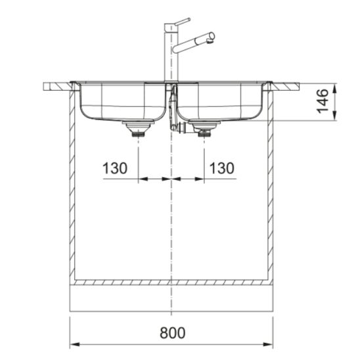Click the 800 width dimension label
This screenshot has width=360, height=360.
(x=172, y=332)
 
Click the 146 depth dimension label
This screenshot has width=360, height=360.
(x=323, y=101)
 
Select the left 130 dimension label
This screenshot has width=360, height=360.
(x=115, y=168)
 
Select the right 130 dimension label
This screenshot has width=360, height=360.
(x=222, y=168)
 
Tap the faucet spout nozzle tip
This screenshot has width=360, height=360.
(x=210, y=41)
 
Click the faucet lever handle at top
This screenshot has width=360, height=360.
(x=183, y=21)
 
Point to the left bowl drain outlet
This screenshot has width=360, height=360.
(x=138, y=129)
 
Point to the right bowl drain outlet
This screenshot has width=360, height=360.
(x=204, y=129)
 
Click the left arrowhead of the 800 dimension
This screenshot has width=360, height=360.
(x=74, y=345)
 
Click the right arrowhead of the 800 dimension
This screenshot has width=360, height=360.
(x=268, y=345)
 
